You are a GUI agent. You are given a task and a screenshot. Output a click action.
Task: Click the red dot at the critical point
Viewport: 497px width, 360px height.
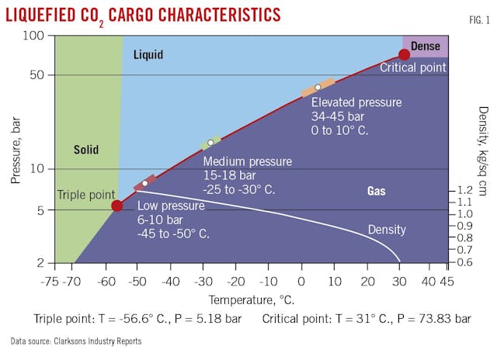point(404,54)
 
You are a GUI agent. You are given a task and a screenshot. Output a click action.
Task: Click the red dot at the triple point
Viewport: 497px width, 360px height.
point(116,206)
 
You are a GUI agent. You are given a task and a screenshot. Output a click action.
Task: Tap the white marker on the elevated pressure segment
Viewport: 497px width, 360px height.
point(318,87)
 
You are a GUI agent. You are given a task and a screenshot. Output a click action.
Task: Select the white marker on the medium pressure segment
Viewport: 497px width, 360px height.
point(210,143)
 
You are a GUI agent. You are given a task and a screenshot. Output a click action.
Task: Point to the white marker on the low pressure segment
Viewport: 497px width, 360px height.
point(144,183)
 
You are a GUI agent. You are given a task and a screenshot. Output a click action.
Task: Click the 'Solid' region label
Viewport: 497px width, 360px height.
point(86,149)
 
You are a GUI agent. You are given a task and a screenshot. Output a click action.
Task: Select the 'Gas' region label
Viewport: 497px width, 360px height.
point(377,190)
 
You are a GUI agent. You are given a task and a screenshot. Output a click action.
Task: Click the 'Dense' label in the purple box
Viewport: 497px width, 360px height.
point(425,47)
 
